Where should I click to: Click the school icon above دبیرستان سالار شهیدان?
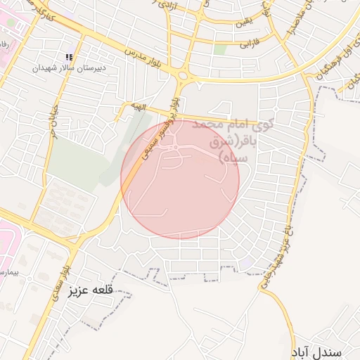(x=69, y=57)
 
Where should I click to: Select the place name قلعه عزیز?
(x=91, y=290)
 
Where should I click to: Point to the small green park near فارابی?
(x=220, y=50)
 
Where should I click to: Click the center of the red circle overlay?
(x=180, y=179)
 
